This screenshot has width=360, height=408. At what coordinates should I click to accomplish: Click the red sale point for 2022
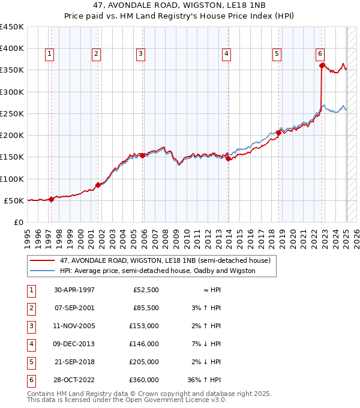(x=322, y=65)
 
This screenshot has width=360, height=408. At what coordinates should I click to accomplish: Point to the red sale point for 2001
(x=98, y=185)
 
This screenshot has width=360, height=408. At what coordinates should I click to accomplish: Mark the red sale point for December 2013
(x=229, y=158)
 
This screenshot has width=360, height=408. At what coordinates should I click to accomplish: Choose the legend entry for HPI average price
(x=157, y=271)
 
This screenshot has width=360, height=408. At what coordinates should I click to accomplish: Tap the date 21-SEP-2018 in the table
(x=74, y=362)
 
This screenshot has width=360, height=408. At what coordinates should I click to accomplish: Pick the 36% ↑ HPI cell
(x=205, y=380)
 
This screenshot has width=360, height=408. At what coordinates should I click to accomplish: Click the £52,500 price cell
(x=146, y=290)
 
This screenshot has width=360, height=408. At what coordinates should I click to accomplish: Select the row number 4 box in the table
(x=30, y=344)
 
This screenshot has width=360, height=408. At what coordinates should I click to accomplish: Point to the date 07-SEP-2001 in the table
(x=74, y=308)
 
